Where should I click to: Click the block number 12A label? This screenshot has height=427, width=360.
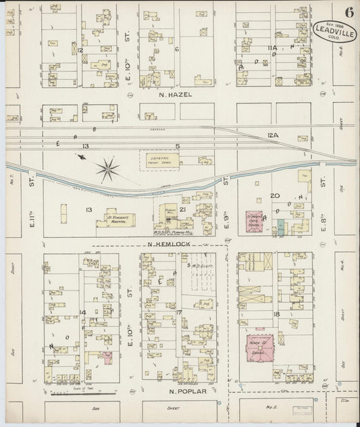tap(272, 136)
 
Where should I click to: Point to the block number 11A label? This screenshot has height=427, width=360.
tap(272, 48)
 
